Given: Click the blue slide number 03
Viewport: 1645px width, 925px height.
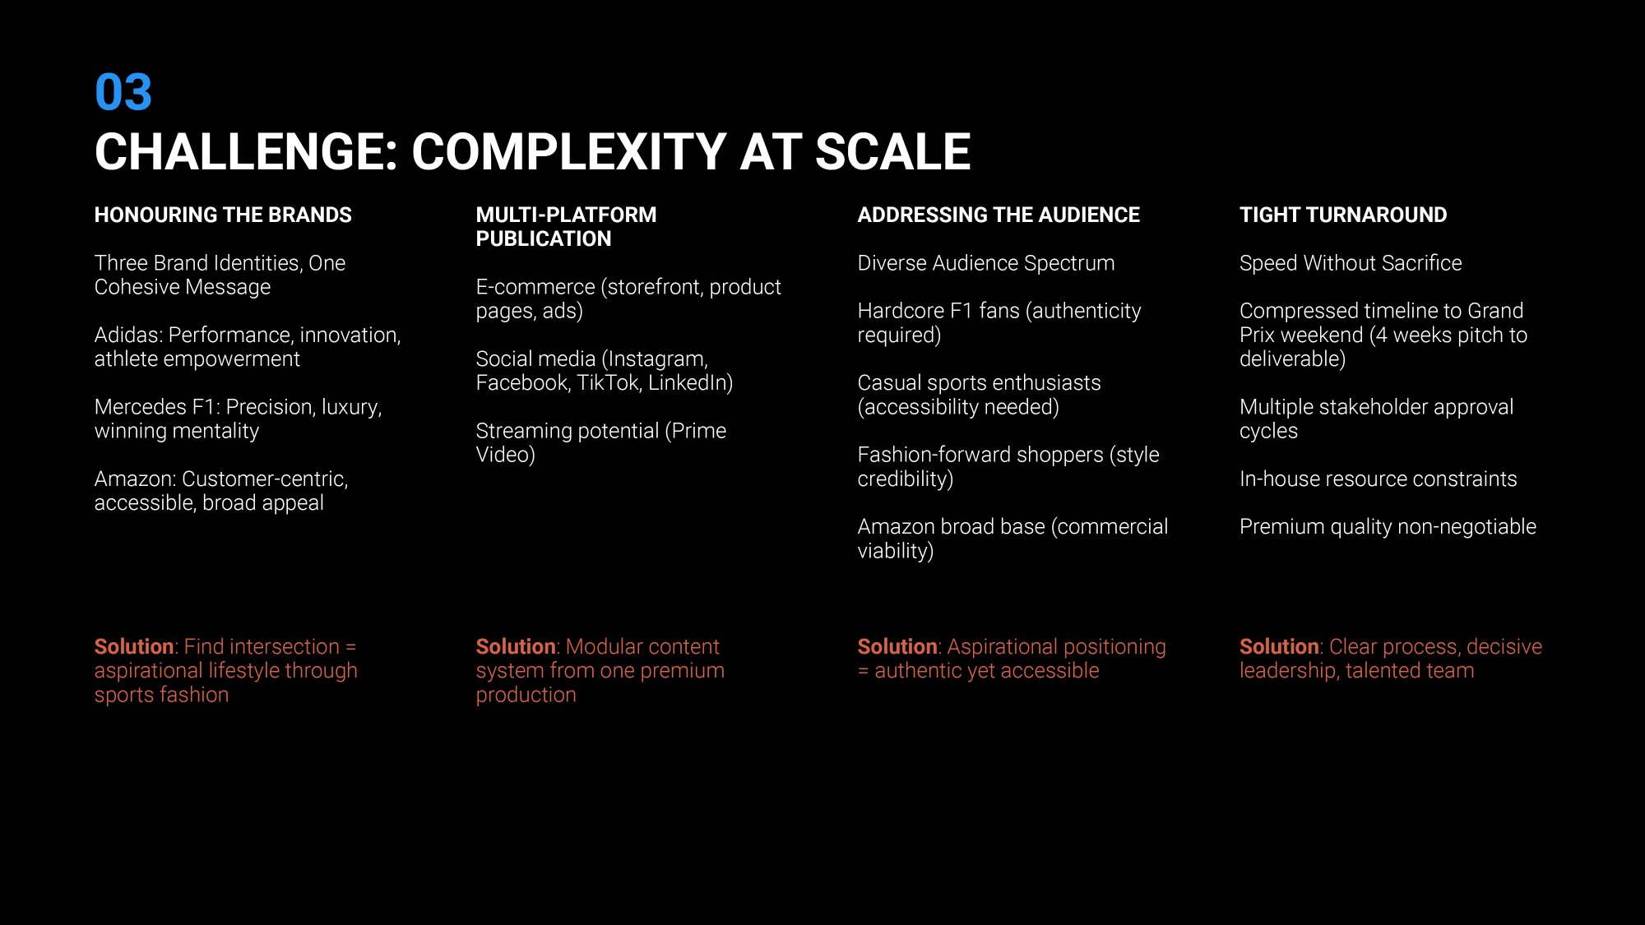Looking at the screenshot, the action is click(123, 91).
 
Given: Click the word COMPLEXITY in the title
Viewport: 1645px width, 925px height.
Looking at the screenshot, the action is click(568, 151).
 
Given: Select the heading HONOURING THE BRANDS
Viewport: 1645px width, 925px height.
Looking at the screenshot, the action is click(223, 215).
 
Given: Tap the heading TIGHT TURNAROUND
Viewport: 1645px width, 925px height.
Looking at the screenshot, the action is click(1343, 215).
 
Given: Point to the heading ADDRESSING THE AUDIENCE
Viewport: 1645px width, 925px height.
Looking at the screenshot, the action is click(999, 215).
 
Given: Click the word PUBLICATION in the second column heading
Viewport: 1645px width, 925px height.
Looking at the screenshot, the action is click(544, 238).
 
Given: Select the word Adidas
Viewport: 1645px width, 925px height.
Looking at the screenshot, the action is click(127, 335).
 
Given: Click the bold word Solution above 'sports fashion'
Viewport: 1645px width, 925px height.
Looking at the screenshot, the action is click(134, 647).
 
